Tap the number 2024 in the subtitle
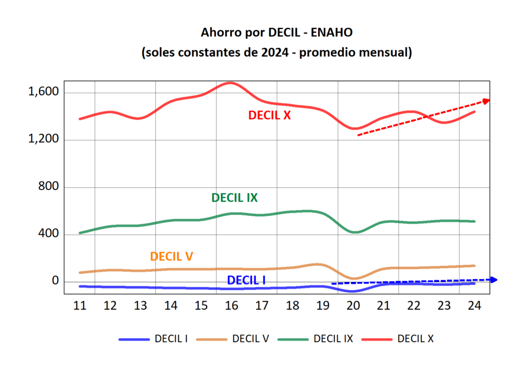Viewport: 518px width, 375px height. (278, 52)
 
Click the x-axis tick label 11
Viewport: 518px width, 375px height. (79, 306)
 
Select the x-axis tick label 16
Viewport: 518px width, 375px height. (231, 306)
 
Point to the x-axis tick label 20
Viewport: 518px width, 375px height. (353, 306)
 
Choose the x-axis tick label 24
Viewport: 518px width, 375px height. (474, 306)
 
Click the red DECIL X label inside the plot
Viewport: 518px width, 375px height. (269, 115)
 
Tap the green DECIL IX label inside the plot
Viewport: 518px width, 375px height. (234, 198)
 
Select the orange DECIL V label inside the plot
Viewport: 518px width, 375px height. (171, 256)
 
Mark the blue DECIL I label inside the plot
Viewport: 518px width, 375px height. (246, 280)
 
